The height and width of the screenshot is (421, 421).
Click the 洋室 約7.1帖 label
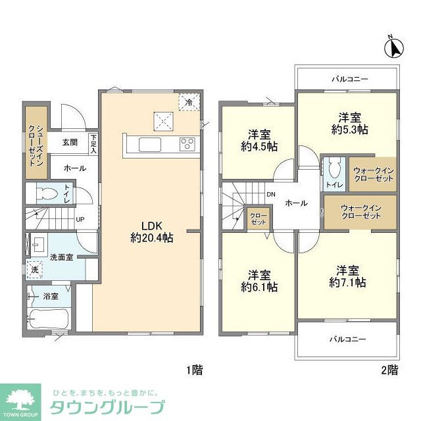point(348,276)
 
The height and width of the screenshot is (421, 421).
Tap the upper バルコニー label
point(349,80)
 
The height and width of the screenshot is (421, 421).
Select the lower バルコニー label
point(347,339)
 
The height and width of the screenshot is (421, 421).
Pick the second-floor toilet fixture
point(334,170)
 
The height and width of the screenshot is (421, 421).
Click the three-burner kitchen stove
point(186,145)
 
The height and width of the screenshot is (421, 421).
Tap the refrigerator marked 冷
point(188,102)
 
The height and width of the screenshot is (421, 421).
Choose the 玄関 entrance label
point(70,141)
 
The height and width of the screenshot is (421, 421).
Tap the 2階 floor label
point(389,370)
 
